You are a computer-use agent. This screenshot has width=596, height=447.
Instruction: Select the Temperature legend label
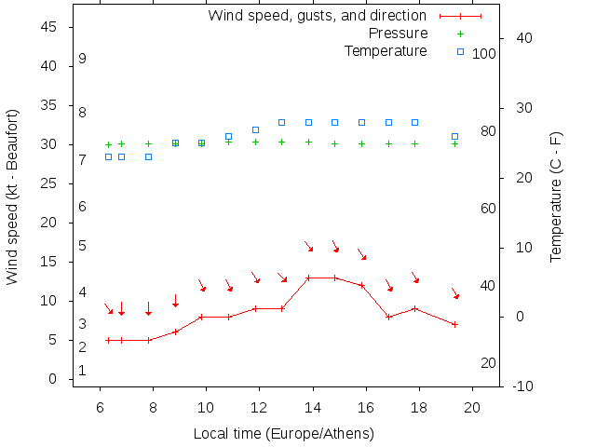(386, 50)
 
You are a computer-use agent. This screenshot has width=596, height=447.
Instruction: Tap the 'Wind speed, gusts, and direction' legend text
(317, 16)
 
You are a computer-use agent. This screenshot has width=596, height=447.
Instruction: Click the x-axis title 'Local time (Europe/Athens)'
(283, 434)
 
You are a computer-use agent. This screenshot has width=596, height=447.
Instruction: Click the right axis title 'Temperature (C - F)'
(556, 196)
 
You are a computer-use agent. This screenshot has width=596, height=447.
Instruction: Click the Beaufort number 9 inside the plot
(83, 59)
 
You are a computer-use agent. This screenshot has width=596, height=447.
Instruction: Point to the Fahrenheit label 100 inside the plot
(484, 54)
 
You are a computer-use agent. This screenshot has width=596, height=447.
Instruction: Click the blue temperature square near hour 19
(454, 137)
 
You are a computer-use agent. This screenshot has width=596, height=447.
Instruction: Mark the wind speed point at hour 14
(308, 278)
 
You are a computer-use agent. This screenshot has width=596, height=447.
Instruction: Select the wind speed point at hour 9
(175, 332)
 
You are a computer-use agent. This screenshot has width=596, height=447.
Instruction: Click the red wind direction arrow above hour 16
(362, 254)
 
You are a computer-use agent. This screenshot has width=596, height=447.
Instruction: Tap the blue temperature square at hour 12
(255, 129)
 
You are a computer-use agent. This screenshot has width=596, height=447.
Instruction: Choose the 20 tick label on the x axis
(472, 407)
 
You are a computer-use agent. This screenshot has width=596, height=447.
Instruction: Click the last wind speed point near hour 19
(454, 324)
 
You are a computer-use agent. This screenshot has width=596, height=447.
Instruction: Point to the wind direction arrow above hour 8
(148, 308)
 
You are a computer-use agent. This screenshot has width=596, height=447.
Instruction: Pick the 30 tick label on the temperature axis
(522, 108)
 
